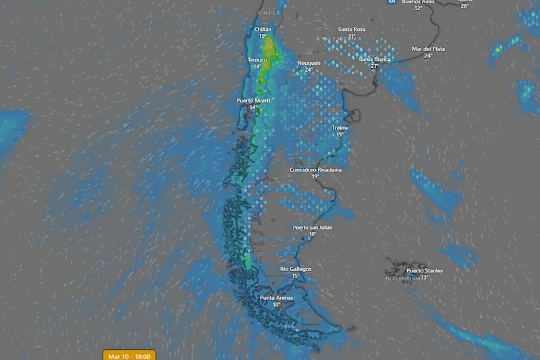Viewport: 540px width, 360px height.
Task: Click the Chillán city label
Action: point(263,30)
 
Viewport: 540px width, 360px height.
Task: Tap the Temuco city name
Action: point(257,59)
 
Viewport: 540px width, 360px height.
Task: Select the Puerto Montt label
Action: point(253,101)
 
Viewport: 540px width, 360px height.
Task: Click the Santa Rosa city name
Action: point(351,29)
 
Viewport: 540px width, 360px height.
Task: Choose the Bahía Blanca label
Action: point(375,59)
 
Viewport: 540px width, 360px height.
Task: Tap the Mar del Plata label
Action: point(428,49)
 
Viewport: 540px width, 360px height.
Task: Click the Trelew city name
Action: point(340,128)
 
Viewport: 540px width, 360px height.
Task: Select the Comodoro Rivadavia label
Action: point(315,170)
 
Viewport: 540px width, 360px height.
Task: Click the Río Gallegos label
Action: point(296,269)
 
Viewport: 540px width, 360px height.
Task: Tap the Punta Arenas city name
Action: point(276,298)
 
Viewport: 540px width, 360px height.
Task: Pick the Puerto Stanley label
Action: point(425,270)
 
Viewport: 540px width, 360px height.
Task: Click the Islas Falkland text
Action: point(403,278)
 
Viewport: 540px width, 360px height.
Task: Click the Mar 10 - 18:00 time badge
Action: point(130,355)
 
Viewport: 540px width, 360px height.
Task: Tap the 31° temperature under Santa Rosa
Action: point(351,36)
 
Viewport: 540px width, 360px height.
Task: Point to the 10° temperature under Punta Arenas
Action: point(276,305)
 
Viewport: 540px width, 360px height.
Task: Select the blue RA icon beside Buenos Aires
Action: point(391,2)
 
